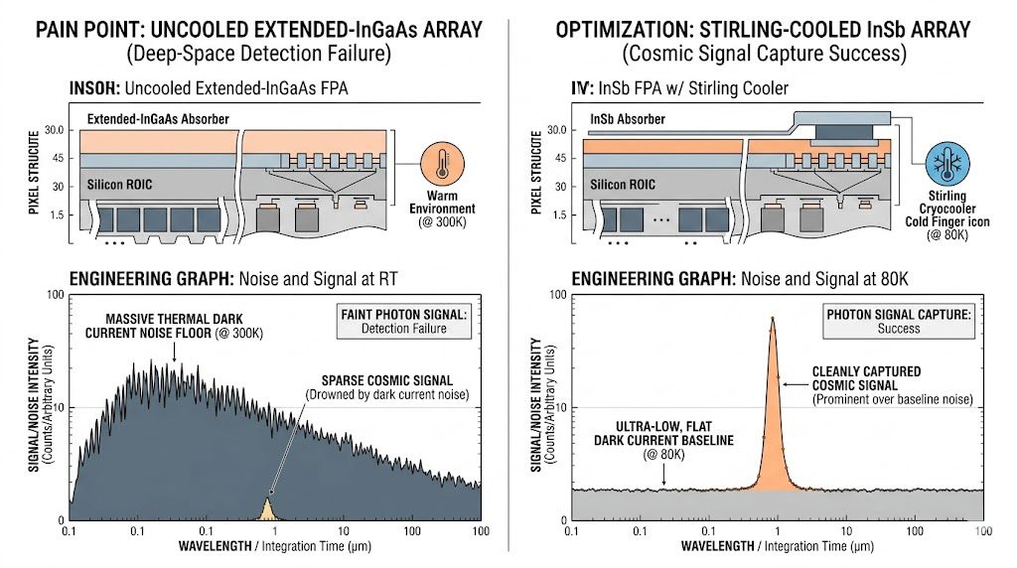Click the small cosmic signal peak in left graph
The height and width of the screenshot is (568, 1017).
(x=266, y=509)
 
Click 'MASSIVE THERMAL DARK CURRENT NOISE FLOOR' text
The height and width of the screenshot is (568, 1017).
(x=173, y=325)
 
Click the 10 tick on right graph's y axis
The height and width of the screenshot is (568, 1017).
(x=558, y=408)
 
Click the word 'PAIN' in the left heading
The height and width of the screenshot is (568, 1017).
(x=61, y=28)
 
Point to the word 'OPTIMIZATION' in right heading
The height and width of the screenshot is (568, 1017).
(x=619, y=28)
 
